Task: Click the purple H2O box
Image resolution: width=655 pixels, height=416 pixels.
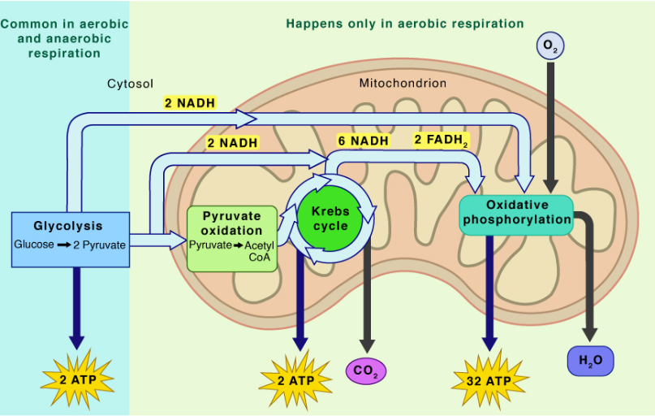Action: click(591, 360)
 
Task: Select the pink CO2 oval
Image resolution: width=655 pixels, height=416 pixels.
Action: click(366, 370)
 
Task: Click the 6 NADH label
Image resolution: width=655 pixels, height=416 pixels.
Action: click(364, 141)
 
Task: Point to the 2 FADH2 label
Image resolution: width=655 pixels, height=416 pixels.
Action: click(442, 140)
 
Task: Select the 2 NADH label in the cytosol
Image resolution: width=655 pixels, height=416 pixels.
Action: click(190, 104)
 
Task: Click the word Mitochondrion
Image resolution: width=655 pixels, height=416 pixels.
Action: click(403, 83)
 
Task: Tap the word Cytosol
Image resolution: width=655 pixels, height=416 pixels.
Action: click(130, 83)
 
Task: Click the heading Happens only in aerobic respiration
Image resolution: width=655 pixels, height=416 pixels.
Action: click(404, 24)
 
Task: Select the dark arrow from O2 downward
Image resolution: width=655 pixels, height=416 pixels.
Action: click(551, 122)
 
